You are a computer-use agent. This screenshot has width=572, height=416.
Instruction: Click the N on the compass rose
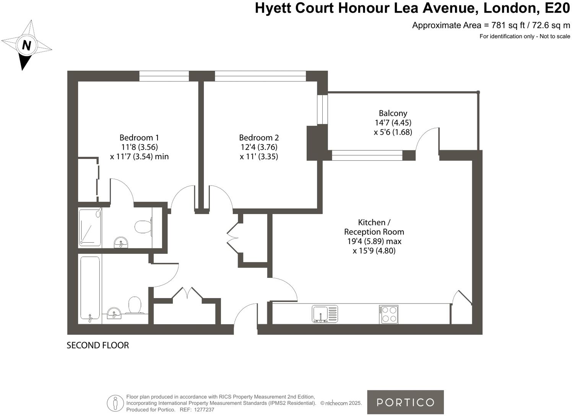[26, 45]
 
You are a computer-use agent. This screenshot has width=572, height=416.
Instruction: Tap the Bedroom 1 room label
[139, 138]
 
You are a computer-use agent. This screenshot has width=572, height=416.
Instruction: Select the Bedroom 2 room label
[259, 138]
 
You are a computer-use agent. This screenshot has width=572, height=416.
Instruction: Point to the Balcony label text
[393, 113]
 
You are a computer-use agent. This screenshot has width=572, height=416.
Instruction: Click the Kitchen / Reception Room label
[374, 227]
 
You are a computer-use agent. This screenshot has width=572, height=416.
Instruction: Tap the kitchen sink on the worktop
[325, 314]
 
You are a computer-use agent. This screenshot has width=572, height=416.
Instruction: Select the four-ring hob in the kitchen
[389, 314]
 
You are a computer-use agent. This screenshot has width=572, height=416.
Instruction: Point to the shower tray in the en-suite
[90, 227]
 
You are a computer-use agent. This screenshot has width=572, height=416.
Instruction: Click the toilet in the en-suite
[143, 227]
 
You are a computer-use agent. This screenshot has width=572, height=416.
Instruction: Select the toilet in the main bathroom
[135, 305]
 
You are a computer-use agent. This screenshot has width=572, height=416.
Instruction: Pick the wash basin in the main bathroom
[114, 313]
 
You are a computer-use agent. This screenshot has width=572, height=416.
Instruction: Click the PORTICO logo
[405, 402]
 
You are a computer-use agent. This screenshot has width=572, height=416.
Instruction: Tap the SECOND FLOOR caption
[98, 345]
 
